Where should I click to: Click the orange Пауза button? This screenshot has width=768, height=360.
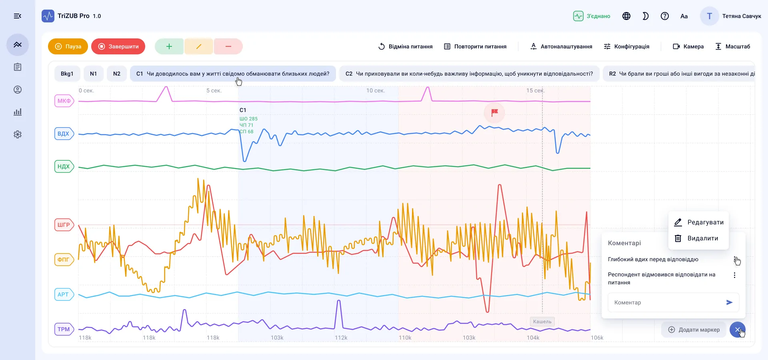(x=68, y=46)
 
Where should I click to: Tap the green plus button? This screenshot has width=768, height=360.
(x=169, y=46)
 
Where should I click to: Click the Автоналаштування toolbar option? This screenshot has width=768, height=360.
(x=561, y=46)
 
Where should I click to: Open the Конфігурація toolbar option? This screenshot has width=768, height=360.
(x=626, y=46)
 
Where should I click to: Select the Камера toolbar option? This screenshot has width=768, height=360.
(x=688, y=46)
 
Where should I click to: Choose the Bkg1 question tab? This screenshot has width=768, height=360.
(x=67, y=74)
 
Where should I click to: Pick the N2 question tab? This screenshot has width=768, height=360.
(x=117, y=74)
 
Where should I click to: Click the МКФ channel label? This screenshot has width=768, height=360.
(x=64, y=101)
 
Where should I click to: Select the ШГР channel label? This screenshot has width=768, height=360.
(x=64, y=225)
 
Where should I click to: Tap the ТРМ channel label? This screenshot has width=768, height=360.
(x=64, y=329)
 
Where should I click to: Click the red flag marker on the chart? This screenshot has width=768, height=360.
(x=494, y=112)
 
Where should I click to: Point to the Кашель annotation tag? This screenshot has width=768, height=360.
(x=542, y=322)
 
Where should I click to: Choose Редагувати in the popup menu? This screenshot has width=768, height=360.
(x=699, y=222)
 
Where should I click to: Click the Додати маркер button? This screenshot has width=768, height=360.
(x=694, y=330)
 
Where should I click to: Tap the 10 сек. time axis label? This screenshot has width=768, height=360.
(x=376, y=90)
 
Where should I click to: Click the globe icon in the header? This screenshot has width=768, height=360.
(x=626, y=16)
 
